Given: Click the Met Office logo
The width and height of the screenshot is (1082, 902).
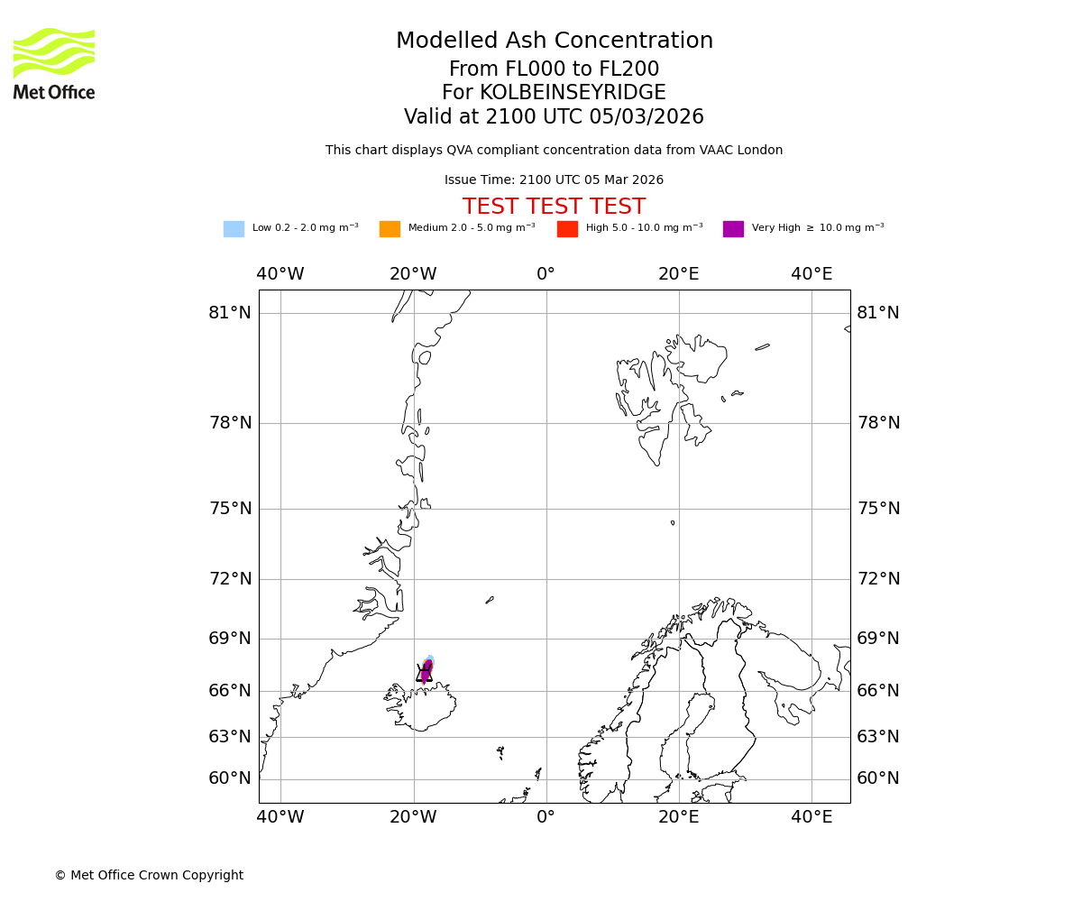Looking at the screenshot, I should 54,63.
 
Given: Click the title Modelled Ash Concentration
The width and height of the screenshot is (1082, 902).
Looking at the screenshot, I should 555,41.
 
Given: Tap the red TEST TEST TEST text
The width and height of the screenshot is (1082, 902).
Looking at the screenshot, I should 554,207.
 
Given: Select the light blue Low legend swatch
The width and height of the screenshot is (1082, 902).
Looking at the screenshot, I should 234,229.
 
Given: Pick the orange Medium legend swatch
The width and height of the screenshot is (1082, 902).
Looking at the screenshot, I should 390,229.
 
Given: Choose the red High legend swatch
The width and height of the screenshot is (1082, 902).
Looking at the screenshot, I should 567,229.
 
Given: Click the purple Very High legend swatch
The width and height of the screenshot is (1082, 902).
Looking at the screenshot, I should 733,229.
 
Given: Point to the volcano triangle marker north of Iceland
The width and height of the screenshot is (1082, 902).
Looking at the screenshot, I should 424,673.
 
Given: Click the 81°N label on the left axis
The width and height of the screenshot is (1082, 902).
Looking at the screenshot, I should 230,313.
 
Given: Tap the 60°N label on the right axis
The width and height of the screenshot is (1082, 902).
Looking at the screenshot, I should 878,778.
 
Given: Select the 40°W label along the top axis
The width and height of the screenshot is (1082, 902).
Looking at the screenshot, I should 280,274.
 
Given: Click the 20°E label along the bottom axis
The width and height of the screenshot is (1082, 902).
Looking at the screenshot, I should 679,817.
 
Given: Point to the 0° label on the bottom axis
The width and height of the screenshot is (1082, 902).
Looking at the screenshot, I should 546,817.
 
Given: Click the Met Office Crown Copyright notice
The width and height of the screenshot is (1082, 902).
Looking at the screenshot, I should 149,876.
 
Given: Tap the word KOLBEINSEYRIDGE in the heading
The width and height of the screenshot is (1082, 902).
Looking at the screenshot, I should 573,93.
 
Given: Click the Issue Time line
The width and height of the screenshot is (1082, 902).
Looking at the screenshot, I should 554,180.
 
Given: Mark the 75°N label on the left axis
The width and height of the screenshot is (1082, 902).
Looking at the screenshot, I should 230,509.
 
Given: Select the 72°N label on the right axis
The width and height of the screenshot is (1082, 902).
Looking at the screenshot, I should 878,579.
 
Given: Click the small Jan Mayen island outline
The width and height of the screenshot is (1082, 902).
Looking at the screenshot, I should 490,600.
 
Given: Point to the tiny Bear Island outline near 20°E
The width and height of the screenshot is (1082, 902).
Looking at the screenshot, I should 673,522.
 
